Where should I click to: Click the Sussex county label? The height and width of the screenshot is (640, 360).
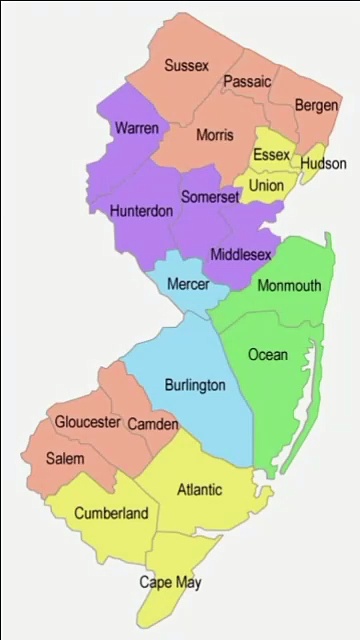coord(187,66)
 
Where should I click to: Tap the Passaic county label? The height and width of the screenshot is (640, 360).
coord(247,82)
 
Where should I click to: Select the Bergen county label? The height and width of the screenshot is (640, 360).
coord(317,105)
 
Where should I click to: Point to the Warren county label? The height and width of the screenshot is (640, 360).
coord(136,129)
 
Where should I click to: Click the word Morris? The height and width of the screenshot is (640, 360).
coord(215,135)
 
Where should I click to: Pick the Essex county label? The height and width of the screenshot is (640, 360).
coord(272,155)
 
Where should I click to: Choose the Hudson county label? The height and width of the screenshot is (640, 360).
coord(323,163)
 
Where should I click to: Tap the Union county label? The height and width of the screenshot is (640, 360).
coord(266,186)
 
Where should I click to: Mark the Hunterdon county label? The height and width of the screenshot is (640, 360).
coord(141,211)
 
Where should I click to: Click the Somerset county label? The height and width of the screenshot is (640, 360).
coord(210,199)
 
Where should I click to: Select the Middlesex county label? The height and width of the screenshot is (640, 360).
coord(240,254)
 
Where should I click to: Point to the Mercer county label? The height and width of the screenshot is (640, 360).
coord(188,285)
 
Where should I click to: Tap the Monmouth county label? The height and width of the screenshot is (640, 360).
coord(289,286)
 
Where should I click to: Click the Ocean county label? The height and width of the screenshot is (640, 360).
coord(267,354)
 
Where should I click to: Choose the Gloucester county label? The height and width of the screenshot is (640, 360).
coord(88,423)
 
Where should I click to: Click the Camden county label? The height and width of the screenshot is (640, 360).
coord(153,424)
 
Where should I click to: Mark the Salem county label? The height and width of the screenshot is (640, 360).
coord(65,459)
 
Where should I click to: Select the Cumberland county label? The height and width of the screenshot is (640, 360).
coord(111,514)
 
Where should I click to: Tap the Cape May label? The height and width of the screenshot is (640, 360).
coord(170,582)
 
